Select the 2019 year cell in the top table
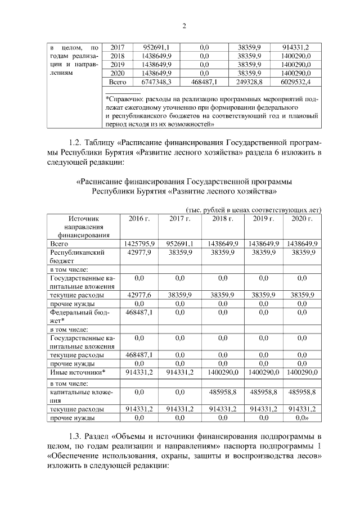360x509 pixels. click(118, 65)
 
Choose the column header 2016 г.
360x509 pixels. click(139, 218)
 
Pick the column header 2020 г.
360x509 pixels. click(302, 218)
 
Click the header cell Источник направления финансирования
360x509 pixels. click(83, 227)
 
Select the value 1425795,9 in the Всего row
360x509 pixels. click(139, 244)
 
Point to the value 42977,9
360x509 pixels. click(139, 253)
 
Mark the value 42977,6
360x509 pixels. click(139, 295)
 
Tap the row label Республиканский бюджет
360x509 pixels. click(78, 257)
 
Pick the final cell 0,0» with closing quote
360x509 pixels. click(302, 418)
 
